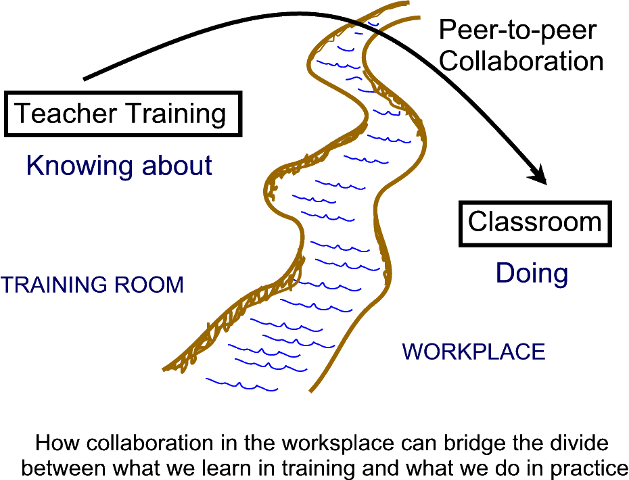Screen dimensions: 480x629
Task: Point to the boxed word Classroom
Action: coord(534,222)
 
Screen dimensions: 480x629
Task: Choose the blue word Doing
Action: coord(532,273)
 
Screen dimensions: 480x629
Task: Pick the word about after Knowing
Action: coord(177,165)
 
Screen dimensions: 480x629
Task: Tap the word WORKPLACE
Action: coord(473,352)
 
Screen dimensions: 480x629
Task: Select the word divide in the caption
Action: coord(576,444)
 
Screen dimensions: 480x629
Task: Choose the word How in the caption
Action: coord(56,444)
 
